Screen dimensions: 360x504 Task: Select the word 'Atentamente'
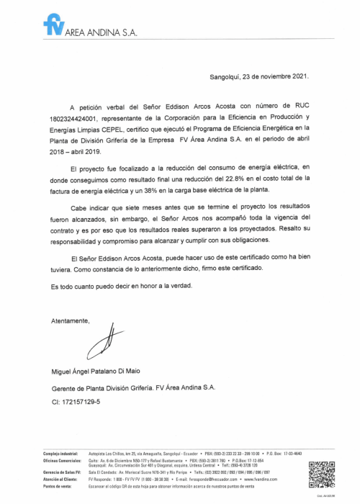71,319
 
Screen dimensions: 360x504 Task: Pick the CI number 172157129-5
76,401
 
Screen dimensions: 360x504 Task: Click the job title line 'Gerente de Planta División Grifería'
133,387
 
